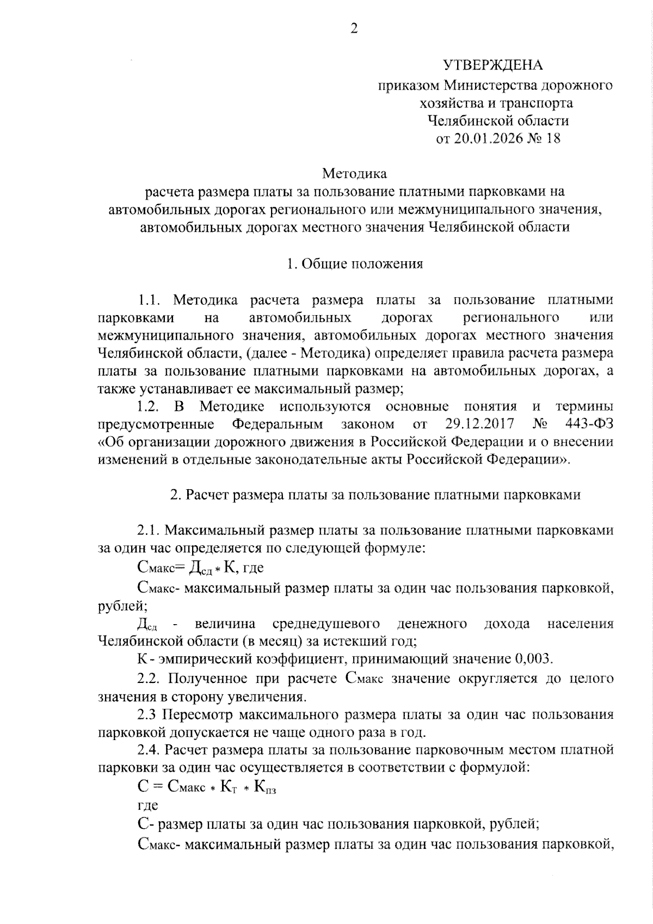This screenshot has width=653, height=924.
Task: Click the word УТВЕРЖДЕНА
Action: (x=492, y=65)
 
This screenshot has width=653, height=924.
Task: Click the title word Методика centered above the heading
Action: (x=354, y=174)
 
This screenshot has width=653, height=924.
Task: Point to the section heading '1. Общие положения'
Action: (x=355, y=264)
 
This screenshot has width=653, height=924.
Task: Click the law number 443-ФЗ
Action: (x=586, y=424)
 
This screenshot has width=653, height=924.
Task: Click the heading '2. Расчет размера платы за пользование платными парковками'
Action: (x=375, y=495)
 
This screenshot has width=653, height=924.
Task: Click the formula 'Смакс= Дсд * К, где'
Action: (x=200, y=568)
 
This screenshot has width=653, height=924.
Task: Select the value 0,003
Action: (x=533, y=660)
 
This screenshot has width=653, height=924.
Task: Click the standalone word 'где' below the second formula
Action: (x=147, y=805)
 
